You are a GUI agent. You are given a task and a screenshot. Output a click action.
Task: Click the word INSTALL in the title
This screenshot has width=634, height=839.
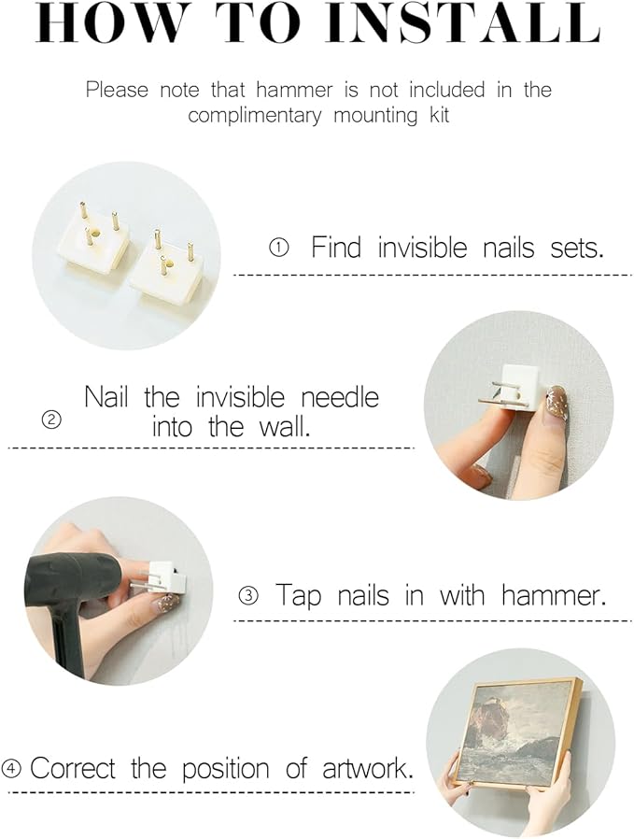[463, 23]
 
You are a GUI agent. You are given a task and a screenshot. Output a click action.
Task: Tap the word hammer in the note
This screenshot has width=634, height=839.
[294, 90]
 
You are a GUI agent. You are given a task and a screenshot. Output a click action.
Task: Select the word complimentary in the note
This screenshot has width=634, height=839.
[255, 116]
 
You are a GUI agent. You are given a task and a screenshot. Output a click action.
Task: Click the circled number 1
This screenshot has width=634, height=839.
[278, 248]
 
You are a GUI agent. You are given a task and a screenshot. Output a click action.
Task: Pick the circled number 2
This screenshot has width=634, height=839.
[51, 420]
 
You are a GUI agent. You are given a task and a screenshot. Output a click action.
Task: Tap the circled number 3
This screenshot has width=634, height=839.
[248, 595]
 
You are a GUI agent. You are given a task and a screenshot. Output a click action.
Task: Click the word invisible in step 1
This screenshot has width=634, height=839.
[422, 248]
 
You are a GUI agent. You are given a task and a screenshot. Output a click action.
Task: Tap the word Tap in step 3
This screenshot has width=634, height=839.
[298, 595]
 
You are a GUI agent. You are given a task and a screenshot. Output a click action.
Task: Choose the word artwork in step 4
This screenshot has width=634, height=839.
[368, 769]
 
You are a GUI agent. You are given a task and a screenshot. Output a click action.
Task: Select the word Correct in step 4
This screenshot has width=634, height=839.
[73, 769]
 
